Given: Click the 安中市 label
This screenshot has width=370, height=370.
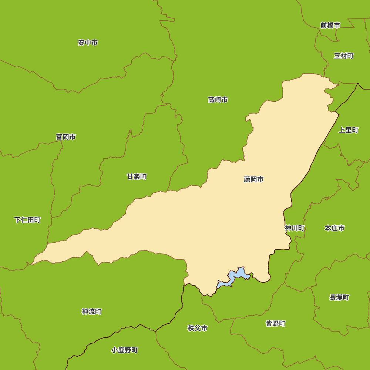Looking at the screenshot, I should (88, 43).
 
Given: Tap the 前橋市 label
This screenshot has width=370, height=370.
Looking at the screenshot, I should (330, 25).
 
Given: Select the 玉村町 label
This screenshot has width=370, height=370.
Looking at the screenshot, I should (343, 56).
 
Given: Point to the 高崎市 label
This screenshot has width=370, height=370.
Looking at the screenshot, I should (218, 100).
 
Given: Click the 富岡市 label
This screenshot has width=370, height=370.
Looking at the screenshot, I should (66, 137).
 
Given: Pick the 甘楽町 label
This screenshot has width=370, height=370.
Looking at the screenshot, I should (137, 176).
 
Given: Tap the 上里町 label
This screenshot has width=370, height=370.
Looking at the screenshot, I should (349, 130).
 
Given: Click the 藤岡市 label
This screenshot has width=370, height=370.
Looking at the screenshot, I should (253, 179).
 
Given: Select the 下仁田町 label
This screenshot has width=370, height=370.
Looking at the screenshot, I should (27, 220).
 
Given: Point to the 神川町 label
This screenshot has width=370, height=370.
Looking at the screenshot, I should (295, 228).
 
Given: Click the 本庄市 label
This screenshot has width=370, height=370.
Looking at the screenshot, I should (334, 228).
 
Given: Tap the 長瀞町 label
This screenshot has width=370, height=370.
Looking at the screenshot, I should (339, 297).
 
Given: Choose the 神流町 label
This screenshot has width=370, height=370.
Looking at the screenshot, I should (91, 312).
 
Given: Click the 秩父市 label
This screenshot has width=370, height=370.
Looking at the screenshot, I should (197, 328).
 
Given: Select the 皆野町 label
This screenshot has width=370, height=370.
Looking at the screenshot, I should (276, 323).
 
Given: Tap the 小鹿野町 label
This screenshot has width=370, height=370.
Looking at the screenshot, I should (124, 350).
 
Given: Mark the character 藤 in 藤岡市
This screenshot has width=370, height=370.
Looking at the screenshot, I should (247, 179).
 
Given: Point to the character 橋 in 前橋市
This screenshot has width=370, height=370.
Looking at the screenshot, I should (330, 25).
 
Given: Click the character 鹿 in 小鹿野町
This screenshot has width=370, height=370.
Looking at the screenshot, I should (121, 350).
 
